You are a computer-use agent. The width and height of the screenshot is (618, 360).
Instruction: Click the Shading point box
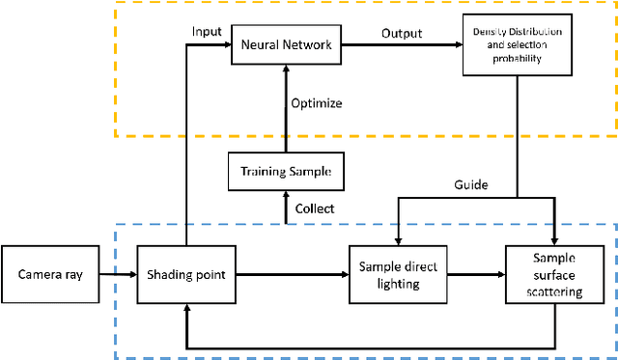click(x=186, y=275)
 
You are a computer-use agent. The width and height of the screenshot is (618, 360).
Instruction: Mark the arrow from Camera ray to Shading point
click(x=118, y=275)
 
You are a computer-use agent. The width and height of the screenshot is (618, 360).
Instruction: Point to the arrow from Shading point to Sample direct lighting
click(x=292, y=275)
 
